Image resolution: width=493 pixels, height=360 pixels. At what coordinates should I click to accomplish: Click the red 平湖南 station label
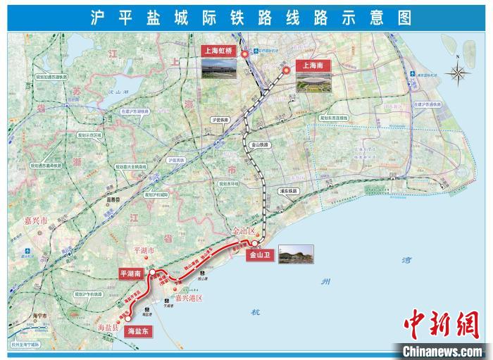coord(132,273)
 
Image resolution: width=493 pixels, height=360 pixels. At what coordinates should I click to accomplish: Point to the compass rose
coord(459,72)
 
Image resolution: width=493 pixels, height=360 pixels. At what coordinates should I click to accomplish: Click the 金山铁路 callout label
coord(260,145)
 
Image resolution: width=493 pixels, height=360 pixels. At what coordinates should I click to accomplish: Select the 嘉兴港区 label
coord(188,298)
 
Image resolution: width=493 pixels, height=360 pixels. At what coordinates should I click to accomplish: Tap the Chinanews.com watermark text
coord(442,349)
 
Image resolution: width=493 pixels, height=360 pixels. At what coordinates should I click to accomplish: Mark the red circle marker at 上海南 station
coord(287,70)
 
